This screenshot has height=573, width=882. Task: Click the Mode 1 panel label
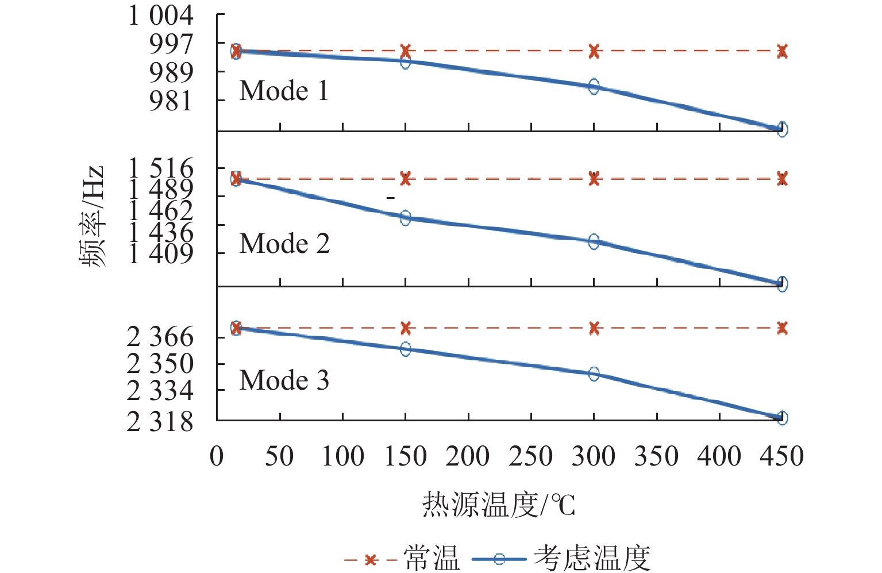coord(284,91)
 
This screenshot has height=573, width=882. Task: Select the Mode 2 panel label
coord(284,244)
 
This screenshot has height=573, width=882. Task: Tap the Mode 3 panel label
coord(284,380)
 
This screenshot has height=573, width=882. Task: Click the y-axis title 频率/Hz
coord(93,217)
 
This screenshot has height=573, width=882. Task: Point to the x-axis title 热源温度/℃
coord(498,505)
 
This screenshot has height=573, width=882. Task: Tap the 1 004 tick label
coord(160,16)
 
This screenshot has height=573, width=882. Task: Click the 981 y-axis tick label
coord(171,101)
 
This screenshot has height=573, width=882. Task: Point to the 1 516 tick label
coord(160,169)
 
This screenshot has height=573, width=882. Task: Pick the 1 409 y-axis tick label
coord(160,253)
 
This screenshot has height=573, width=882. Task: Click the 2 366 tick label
coord(160,337)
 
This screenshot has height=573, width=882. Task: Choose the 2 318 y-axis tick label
coord(160,422)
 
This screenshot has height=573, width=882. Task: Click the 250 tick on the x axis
coord(530,457)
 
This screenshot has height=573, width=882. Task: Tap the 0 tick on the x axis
coord(217,457)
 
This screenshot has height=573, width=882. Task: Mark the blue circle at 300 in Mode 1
coord(594,87)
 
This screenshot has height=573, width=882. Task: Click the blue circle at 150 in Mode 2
coord(405,218)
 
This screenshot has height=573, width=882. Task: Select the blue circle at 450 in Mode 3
coord(782,418)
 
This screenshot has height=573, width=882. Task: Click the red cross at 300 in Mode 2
coord(594,179)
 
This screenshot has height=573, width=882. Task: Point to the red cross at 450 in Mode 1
coord(782,51)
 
